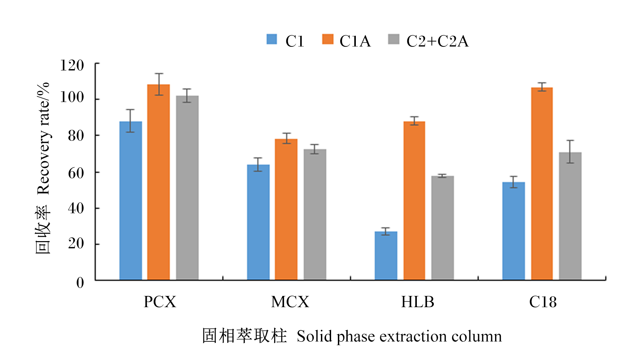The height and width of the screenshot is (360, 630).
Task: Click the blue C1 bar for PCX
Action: [130, 200]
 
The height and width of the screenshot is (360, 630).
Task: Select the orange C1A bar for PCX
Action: [158, 182]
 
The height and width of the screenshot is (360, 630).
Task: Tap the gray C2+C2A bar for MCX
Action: [315, 215]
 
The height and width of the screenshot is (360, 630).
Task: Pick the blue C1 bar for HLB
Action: [386, 256]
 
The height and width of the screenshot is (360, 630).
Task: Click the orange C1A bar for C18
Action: [542, 184]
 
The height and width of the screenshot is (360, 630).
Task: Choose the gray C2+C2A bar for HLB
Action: [442, 228]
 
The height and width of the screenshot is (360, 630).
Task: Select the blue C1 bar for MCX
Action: [258, 222]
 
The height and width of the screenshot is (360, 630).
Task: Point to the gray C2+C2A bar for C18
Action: [570, 216]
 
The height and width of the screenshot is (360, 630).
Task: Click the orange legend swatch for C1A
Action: [328, 39]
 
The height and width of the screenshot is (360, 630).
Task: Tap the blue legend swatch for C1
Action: [272, 39]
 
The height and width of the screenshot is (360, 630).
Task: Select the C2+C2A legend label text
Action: [438, 41]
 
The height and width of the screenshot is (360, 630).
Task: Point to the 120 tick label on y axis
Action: [72, 65]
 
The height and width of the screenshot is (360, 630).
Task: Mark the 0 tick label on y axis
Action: [80, 282]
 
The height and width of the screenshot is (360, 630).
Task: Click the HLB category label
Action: [418, 302]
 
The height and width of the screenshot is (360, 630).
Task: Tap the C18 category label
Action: [543, 302]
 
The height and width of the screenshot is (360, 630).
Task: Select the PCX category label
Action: [160, 302]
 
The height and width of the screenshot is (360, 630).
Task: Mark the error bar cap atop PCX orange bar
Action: [159, 73]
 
